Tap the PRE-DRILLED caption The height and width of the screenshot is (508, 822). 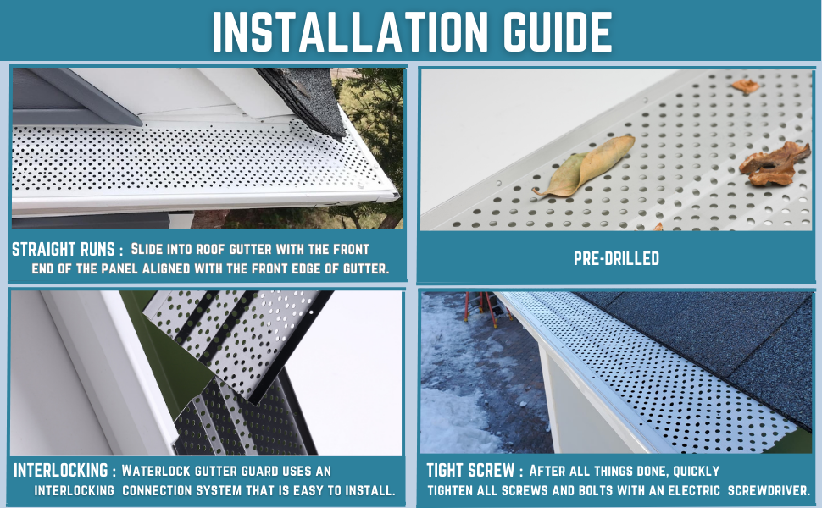point(616,258)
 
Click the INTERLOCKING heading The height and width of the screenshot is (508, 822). point(59,470)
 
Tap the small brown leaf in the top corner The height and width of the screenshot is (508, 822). point(745,86)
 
